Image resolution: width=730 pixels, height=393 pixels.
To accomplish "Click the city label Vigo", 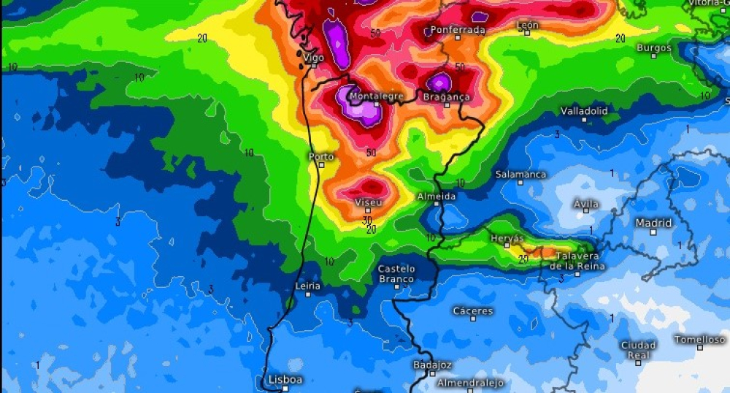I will (314, 57).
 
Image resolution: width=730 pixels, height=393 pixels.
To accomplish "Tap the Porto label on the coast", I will (321, 156).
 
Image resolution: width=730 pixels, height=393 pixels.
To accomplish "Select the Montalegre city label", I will (376, 96).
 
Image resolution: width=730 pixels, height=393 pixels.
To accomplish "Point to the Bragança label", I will (447, 96).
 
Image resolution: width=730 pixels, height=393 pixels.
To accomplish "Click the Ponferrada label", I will (458, 30).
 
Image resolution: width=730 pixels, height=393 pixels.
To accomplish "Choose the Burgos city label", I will (653, 48).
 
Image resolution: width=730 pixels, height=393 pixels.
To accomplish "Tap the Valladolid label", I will (584, 111).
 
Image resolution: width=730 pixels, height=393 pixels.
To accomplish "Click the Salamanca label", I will (520, 175).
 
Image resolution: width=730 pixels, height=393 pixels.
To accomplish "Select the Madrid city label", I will (653, 223).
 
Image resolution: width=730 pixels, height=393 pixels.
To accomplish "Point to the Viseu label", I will (368, 202).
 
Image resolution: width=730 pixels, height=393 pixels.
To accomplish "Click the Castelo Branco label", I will (396, 274).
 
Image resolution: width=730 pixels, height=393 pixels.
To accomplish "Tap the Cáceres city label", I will (473, 311).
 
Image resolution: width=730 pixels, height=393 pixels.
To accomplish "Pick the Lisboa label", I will (285, 380).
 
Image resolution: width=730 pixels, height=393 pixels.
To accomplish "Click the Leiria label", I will (307, 286).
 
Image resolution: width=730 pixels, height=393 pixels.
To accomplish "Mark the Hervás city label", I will (507, 239).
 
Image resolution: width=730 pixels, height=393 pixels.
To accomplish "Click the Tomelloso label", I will (699, 340).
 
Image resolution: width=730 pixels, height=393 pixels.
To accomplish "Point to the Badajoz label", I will (432, 365).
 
